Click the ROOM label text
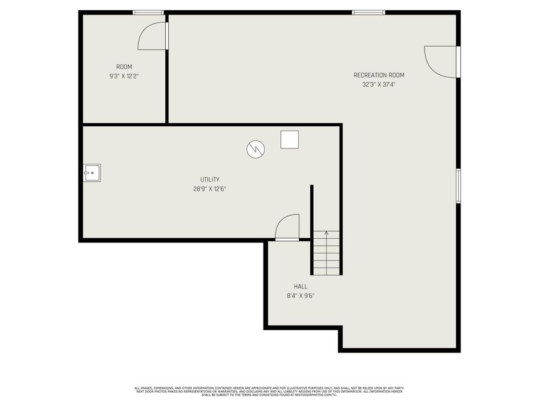[124, 66]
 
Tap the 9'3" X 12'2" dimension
[124, 76]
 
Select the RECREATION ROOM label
[378, 75]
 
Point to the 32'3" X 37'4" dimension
[378, 84]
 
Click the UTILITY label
[210, 179]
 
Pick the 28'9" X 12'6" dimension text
[210, 189]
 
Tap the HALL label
[300, 286]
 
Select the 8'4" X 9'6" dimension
[300, 296]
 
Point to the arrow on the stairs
[326, 233]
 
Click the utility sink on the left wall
[92, 172]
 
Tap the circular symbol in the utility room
[255, 149]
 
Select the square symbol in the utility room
[289, 139]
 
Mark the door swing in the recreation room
[441, 62]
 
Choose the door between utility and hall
[287, 227]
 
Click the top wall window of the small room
[148, 12]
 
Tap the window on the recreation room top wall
[368, 12]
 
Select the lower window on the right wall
[458, 186]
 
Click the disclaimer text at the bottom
[269, 391]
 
